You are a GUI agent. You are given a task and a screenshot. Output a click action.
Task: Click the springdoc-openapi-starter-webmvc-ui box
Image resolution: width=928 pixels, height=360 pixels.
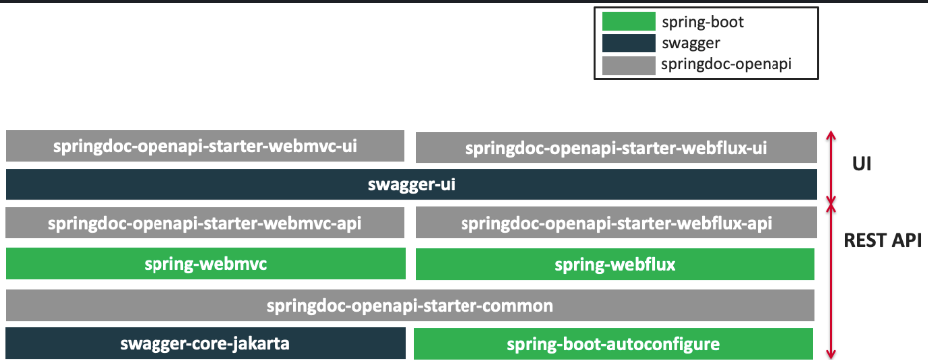[204, 146]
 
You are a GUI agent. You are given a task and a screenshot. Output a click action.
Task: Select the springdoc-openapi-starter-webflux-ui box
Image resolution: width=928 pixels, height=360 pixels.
[615, 148]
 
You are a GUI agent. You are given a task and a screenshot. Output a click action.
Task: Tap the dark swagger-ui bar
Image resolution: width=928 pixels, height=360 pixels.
[411, 184]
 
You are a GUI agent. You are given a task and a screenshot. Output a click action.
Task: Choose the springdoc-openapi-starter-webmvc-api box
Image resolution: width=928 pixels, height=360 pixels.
[204, 222]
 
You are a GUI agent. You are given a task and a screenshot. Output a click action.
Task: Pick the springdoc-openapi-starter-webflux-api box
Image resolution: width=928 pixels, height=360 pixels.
[615, 223]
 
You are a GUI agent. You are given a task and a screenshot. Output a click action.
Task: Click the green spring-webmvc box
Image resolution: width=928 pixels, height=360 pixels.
[204, 263]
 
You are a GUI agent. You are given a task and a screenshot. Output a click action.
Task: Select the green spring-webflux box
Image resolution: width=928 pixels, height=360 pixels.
[615, 264]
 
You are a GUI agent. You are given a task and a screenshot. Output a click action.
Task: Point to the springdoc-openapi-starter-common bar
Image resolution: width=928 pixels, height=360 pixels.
[411, 304]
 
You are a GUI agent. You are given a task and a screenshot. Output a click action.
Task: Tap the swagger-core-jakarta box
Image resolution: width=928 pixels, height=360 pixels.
[204, 344]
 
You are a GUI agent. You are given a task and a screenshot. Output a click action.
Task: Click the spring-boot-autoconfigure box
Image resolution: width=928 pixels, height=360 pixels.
[615, 344]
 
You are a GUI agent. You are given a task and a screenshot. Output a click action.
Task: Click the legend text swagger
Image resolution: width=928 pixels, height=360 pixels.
[689, 44]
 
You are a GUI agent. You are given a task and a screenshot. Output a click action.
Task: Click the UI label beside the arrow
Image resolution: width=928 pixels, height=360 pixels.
[863, 163]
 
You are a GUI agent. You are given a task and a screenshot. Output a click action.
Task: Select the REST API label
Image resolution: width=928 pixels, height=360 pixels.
[880, 240]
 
